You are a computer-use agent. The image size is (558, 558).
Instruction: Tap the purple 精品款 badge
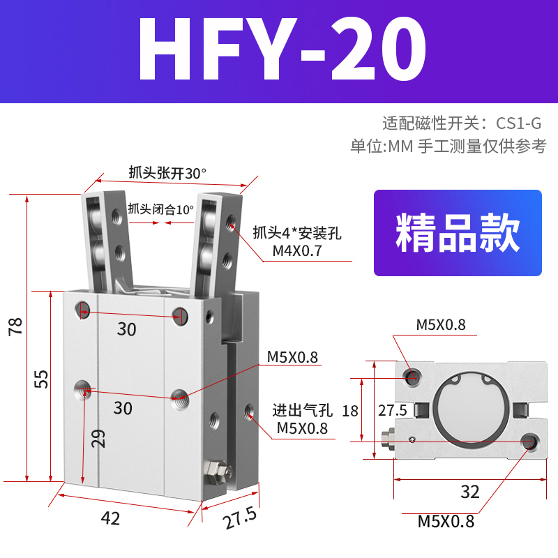tap(458, 233)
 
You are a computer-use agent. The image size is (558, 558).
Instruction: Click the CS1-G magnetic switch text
tap(518, 124)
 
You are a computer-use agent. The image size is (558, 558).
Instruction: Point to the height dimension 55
tap(41, 379)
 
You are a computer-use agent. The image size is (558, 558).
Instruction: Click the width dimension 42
tap(111, 518)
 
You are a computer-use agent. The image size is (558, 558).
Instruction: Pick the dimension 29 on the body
tap(100, 438)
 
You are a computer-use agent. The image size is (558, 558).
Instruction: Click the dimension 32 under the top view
tap(470, 492)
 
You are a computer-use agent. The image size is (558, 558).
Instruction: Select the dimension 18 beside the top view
tap(350, 410)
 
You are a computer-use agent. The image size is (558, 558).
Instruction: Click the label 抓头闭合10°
tap(160, 209)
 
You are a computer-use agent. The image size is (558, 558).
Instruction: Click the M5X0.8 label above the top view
tap(441, 324)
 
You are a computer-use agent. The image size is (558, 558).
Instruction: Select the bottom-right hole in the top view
tap(530, 441)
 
